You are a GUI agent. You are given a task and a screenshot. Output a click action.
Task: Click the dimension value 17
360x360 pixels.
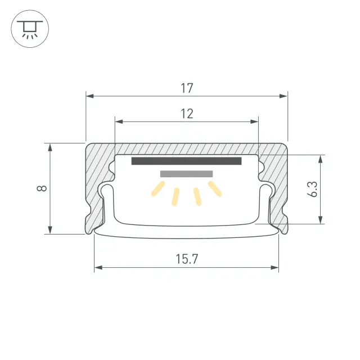coord(187,88)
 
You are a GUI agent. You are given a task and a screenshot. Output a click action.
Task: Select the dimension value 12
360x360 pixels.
coord(187,114)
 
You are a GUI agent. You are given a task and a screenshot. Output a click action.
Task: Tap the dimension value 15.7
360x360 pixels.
coord(187,259)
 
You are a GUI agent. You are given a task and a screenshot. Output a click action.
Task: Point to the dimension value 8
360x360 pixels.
coord(42,188)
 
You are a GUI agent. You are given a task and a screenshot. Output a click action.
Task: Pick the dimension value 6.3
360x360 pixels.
coord(312,189)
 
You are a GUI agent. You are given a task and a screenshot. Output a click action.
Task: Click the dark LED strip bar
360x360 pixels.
coord(186,161)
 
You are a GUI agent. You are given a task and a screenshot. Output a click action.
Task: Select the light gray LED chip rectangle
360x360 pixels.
coord(186,174)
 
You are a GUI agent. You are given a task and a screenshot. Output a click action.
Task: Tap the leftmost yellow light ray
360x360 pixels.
coord(158,189)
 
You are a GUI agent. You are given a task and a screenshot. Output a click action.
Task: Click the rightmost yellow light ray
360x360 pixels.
coord(215,189)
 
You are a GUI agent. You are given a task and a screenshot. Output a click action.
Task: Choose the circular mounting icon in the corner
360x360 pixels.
coord(30,29)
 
